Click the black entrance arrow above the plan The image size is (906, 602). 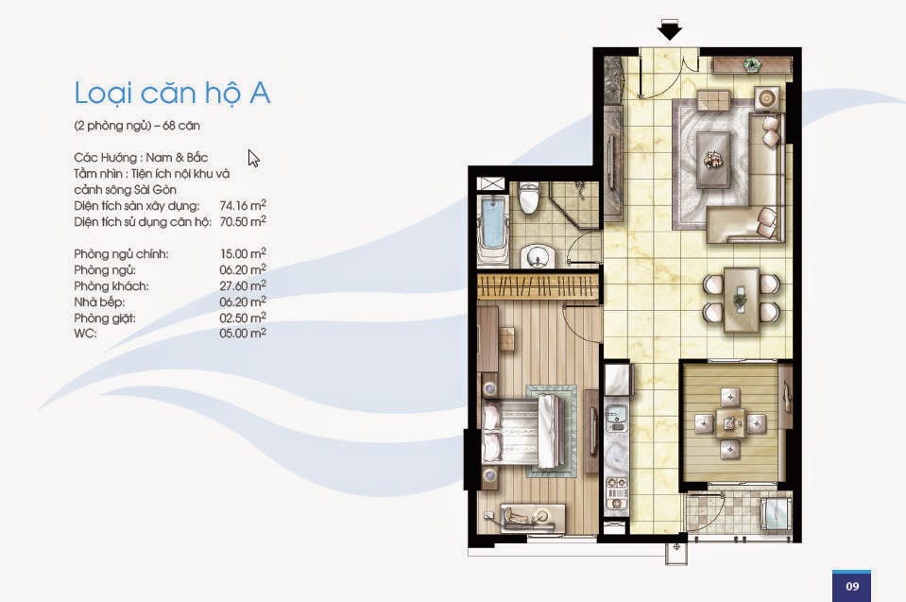pos(669,29)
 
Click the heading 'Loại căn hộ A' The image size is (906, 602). pos(172,93)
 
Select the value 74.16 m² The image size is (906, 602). pos(243,205)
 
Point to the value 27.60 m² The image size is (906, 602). pos(243,285)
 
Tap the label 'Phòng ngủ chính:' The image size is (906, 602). pos(121,254)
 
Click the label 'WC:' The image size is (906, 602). pos(85,334)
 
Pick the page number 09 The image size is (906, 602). pos(852,586)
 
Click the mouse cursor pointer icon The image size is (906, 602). pos(253,159)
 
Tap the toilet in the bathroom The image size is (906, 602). pos(529,198)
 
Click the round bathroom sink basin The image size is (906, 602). pos(538,256)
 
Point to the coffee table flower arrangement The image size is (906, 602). pos(712,159)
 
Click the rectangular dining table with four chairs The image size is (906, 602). pos(742,300)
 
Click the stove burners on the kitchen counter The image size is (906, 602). pos(617,494)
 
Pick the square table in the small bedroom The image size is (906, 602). pos(729,423)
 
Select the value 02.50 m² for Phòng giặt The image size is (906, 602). pos(243,318)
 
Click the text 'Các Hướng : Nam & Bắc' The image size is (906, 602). pos(141,158)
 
